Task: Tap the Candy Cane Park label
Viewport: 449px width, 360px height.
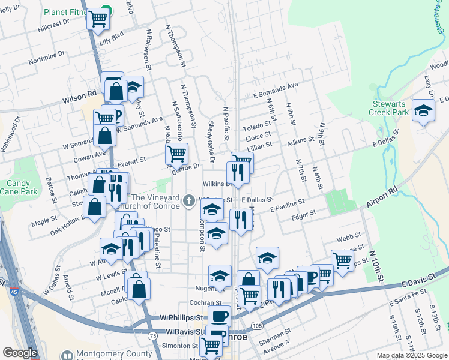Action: [x=22, y=187]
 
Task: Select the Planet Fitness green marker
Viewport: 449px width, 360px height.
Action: [x=106, y=10]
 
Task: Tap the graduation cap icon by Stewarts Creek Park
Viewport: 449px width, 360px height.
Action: [x=424, y=112]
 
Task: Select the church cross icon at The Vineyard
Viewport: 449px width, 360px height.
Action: [x=190, y=200]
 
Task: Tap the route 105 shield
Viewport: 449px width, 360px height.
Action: [x=256, y=325]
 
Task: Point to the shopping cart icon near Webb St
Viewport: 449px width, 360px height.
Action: [x=342, y=260]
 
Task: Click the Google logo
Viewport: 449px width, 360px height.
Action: [x=20, y=353]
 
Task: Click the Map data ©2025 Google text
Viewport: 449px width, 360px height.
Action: [x=411, y=355]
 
